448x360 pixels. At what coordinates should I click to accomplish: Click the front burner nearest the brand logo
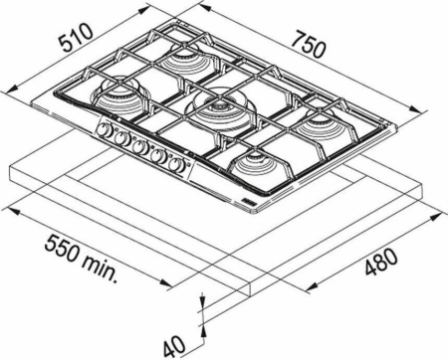coord(259,161)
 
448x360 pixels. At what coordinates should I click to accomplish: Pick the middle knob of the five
coord(139,148)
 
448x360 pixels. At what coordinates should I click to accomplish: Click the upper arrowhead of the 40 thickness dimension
coord(202,300)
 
